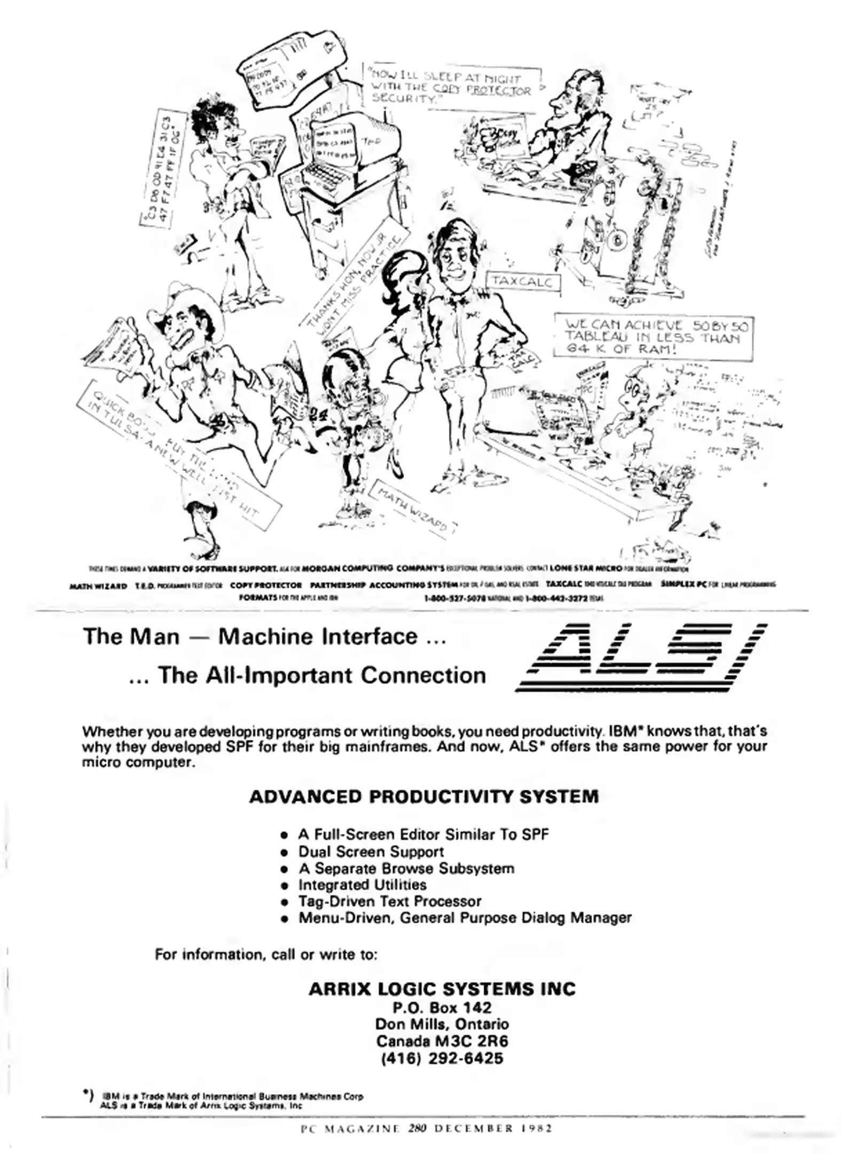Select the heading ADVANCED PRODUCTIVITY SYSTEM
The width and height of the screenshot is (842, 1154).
(x=423, y=797)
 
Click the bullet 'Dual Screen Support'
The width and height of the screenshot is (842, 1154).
(x=371, y=852)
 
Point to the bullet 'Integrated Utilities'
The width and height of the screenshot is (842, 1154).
(x=362, y=885)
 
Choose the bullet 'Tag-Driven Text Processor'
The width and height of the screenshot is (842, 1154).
(x=389, y=901)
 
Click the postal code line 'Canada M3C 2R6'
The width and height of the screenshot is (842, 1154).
(x=442, y=1041)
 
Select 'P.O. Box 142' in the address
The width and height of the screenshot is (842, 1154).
(x=442, y=1008)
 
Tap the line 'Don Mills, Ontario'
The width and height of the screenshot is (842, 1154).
(x=442, y=1024)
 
